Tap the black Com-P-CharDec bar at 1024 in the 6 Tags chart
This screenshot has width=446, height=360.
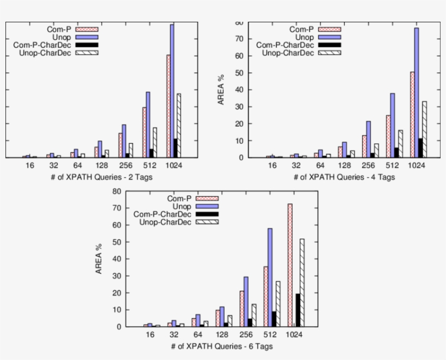click(298, 310)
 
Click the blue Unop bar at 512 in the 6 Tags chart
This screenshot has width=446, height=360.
click(270, 277)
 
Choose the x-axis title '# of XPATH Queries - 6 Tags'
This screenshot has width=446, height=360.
click(222, 346)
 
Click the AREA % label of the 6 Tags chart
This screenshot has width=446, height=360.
click(99, 259)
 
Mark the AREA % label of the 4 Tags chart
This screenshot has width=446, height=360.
click(221, 90)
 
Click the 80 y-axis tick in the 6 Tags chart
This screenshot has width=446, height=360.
click(115, 191)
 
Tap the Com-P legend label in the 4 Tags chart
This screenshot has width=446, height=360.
click(301, 29)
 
